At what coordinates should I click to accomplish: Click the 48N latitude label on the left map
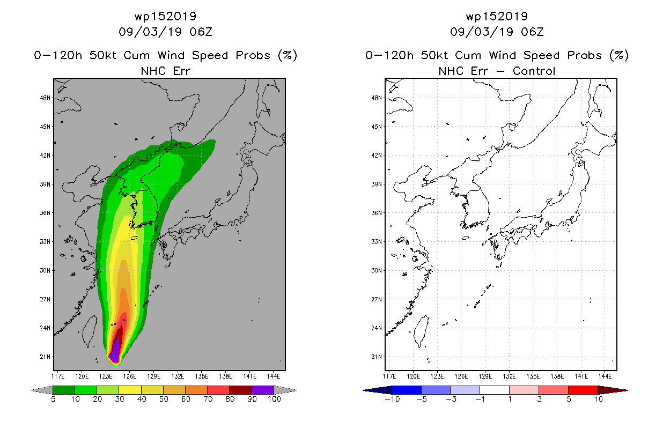click(45, 98)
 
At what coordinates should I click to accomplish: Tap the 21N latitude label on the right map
click(377, 357)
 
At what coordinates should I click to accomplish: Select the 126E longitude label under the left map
click(130, 376)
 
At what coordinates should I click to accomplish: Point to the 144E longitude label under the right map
click(605, 376)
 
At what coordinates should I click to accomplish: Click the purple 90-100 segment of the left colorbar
click(263, 390)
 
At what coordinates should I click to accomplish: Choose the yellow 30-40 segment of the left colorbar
click(130, 390)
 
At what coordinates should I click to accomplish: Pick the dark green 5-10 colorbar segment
click(64, 390)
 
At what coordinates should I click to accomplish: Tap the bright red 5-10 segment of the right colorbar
click(583, 390)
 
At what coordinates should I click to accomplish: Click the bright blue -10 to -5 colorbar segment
click(407, 390)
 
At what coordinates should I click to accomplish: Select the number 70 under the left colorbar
click(208, 400)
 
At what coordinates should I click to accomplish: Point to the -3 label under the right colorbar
click(451, 400)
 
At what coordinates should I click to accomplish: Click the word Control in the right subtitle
click(534, 71)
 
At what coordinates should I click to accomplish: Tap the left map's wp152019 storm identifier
click(165, 17)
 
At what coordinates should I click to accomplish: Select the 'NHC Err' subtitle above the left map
click(165, 71)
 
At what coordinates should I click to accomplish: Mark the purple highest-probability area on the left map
click(115, 351)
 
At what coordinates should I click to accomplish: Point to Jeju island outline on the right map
click(465, 238)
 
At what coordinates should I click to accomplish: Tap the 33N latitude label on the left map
click(45, 242)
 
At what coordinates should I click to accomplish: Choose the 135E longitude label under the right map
click(533, 376)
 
